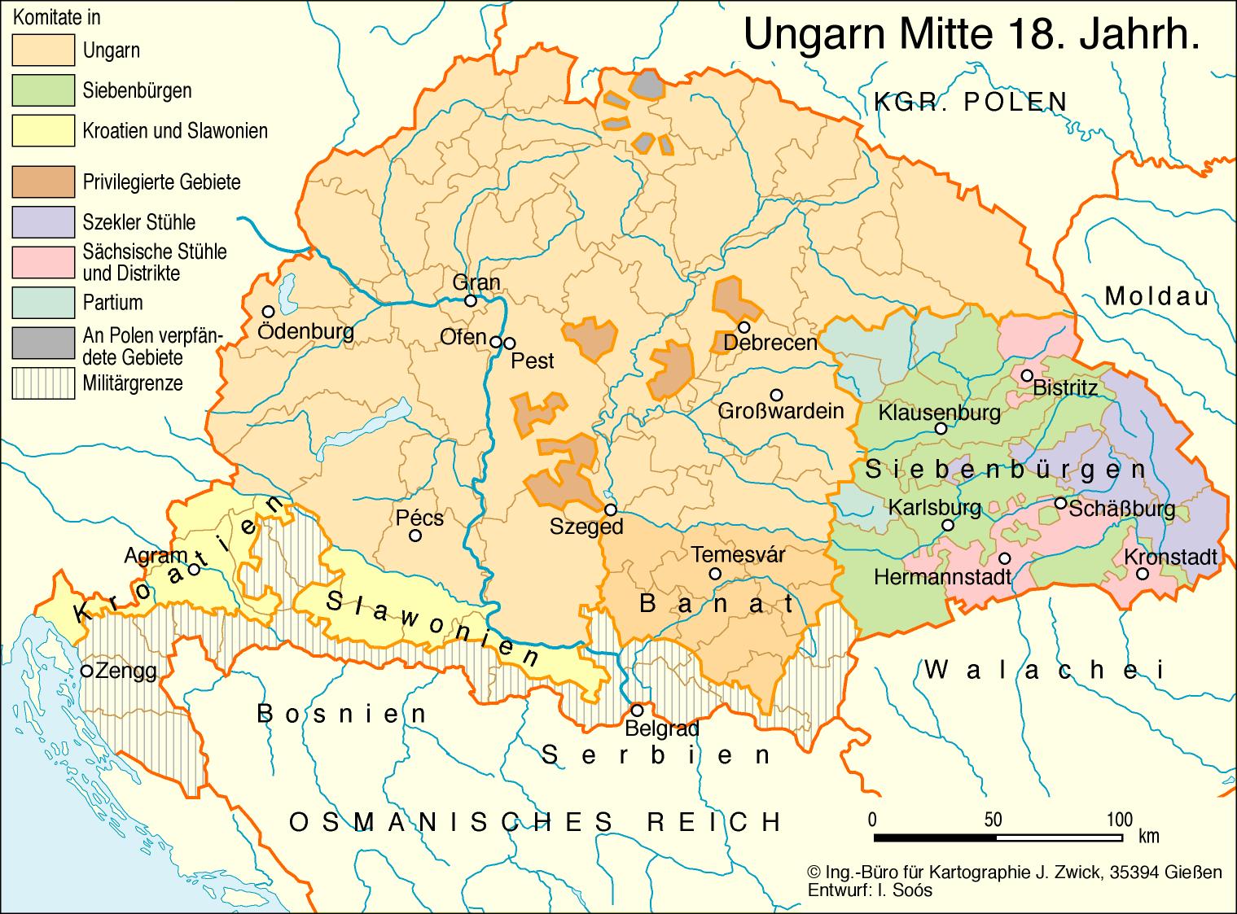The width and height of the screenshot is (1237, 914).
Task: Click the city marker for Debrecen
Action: (744, 326)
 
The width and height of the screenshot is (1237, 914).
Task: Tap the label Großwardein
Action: (780, 411)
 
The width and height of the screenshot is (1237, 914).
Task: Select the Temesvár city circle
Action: (715, 574)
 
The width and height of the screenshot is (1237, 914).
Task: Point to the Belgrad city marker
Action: (638, 710)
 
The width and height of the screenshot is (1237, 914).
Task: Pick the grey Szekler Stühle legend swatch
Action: (42, 221)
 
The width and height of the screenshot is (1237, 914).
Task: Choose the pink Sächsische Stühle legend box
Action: (42, 262)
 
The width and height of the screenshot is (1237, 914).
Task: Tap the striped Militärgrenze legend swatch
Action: (42, 383)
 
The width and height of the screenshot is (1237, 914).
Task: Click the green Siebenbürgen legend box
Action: (42, 90)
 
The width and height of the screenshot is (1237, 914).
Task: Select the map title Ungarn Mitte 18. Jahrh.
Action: (972, 36)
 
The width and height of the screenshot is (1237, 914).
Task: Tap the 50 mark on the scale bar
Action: (993, 819)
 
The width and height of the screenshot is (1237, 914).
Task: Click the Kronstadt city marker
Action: (1143, 574)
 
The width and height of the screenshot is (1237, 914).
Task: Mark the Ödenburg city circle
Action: (267, 312)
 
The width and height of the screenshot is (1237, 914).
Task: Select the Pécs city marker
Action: (415, 535)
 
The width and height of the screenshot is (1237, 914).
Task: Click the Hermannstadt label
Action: (942, 577)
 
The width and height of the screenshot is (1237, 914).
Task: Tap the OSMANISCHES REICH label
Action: (535, 822)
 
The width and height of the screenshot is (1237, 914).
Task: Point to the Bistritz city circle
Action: (1027, 375)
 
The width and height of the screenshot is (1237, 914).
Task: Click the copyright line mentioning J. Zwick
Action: (1014, 872)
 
